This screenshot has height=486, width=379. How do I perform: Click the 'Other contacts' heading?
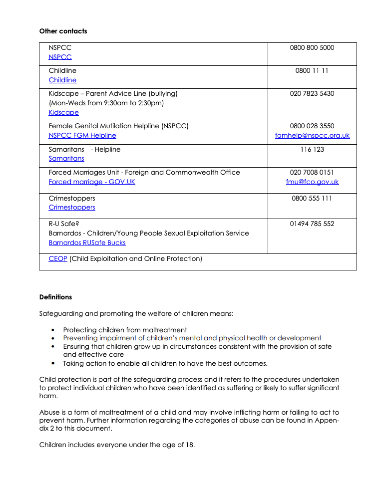click(63, 31)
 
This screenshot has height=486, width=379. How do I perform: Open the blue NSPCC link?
click(60, 57)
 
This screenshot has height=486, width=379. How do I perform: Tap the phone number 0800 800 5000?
click(312, 48)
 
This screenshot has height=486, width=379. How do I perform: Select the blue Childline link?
click(62, 80)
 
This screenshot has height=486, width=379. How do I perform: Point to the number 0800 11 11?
click(312, 71)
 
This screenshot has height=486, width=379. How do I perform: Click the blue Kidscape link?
click(63, 112)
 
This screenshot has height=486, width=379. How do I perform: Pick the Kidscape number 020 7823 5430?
click(312, 94)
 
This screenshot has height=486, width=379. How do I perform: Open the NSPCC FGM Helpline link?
click(82, 135)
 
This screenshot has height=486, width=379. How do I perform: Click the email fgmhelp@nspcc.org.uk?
click(312, 135)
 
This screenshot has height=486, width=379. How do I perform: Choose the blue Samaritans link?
click(66, 158)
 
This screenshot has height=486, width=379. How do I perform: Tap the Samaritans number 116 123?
click(312, 150)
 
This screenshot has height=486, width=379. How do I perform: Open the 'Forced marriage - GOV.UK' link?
click(92, 182)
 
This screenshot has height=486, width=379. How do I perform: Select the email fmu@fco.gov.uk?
click(312, 182)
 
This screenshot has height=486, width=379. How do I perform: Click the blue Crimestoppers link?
click(72, 207)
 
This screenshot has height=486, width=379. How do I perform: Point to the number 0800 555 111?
click(312, 199)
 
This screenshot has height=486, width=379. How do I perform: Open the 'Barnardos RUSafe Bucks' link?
click(87, 243)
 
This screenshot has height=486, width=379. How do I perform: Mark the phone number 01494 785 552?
click(312, 224)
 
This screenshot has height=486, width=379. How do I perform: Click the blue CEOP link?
click(58, 258)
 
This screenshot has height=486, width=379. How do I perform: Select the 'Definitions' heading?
click(55, 297)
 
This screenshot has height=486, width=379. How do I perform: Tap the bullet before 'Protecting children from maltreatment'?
click(53, 330)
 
